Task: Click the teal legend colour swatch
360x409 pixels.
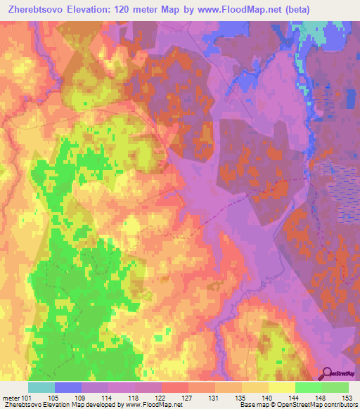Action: [41, 387]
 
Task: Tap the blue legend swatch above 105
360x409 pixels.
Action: [67, 387]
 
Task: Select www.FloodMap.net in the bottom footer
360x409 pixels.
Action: [148, 405]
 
